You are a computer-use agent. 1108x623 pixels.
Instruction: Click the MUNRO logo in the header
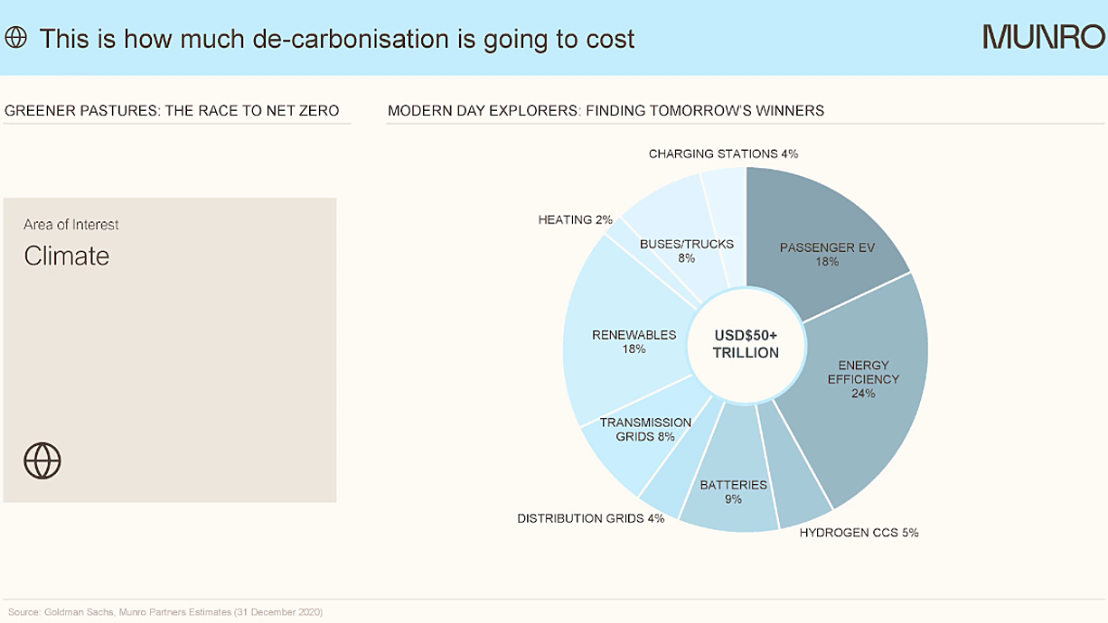click(1044, 37)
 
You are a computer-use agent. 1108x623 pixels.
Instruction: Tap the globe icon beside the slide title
click(16, 37)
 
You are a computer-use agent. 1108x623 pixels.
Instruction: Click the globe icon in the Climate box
click(42, 460)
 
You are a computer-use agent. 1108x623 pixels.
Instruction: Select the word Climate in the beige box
click(66, 256)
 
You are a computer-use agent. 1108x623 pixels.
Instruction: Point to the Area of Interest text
click(70, 225)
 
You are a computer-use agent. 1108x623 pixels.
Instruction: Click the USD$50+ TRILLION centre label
click(746, 344)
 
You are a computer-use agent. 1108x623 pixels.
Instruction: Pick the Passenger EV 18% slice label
click(827, 254)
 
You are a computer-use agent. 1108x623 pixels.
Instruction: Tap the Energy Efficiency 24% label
click(863, 379)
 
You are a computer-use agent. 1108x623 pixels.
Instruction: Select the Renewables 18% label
click(634, 342)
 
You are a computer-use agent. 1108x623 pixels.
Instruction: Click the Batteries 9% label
click(734, 491)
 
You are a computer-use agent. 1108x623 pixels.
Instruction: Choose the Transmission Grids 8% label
click(645, 430)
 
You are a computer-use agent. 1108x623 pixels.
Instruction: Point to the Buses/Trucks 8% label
click(687, 251)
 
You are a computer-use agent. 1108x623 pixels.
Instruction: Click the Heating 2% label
click(576, 219)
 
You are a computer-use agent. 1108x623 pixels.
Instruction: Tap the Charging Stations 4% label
click(723, 153)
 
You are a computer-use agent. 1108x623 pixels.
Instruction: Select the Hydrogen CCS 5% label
click(859, 533)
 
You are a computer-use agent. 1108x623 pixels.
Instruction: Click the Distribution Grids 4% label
click(591, 518)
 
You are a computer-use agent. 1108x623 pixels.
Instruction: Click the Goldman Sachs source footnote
click(165, 612)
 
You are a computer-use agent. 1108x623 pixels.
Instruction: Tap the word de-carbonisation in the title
click(351, 39)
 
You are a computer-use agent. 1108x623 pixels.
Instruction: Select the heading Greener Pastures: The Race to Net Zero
click(172, 110)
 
